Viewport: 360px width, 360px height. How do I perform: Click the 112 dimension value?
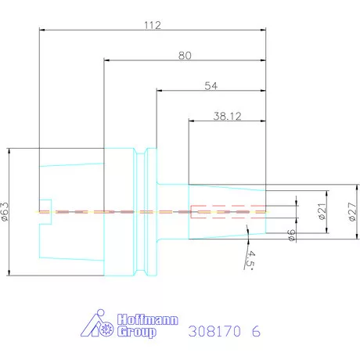(x=152, y=25)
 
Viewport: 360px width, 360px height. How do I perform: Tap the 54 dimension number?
(x=210, y=85)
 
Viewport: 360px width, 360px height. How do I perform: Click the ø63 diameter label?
(x=6, y=211)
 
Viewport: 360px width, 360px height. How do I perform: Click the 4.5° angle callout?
(x=250, y=258)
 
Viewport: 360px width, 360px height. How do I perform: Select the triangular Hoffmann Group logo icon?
(x=99, y=326)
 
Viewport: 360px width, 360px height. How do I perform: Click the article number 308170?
(x=214, y=330)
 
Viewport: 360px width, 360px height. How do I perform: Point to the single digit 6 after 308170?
(x=255, y=330)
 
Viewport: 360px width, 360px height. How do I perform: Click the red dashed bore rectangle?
(x=227, y=211)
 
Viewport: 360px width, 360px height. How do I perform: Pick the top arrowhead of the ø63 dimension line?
(x=7, y=150)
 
